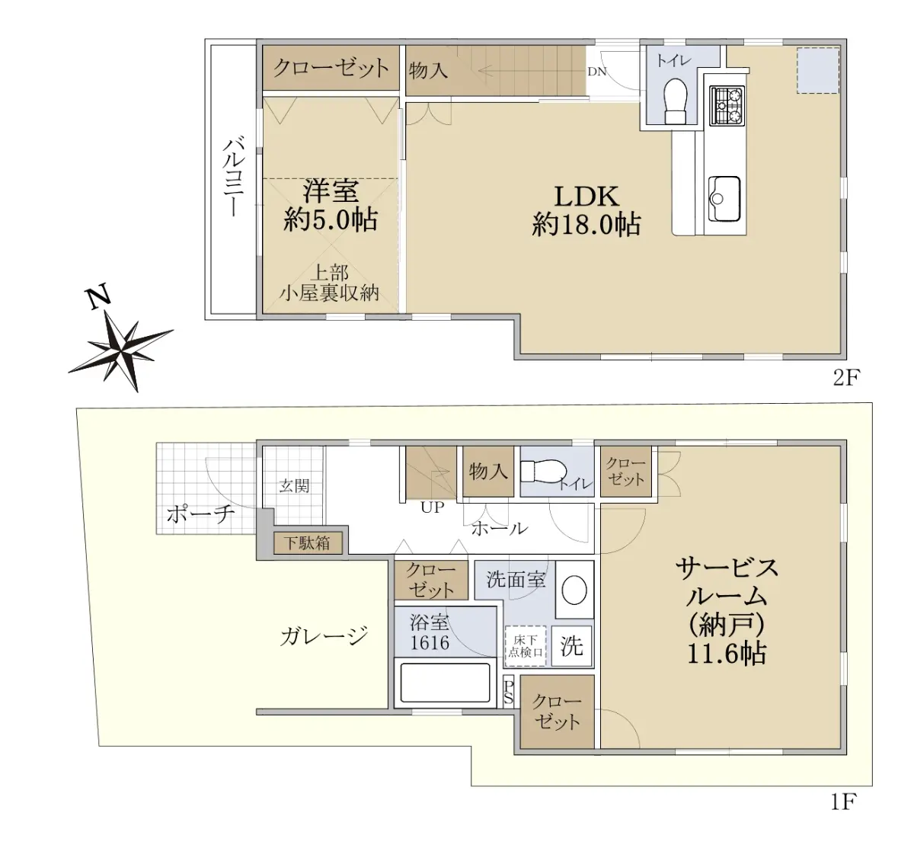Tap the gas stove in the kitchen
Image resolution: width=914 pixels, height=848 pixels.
727,105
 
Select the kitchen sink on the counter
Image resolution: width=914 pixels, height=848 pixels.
724,198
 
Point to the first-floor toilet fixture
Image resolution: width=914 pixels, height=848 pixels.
543,472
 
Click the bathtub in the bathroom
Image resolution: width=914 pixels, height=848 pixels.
445,683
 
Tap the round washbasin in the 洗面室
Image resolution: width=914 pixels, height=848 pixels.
574,590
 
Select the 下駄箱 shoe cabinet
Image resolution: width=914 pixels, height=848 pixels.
308,543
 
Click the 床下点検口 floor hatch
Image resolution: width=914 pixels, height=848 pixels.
526,647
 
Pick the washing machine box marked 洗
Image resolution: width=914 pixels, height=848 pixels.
571,646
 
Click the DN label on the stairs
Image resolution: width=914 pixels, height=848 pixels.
596,72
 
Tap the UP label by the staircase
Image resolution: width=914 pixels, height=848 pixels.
432,507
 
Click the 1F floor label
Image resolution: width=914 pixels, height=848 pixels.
843,802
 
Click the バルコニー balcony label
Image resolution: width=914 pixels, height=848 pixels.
234,177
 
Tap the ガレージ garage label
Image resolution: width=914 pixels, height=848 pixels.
324,635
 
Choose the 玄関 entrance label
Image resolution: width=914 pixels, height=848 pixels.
293,485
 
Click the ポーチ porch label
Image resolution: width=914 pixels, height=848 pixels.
201,514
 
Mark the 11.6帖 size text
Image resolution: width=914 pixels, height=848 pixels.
727,653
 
